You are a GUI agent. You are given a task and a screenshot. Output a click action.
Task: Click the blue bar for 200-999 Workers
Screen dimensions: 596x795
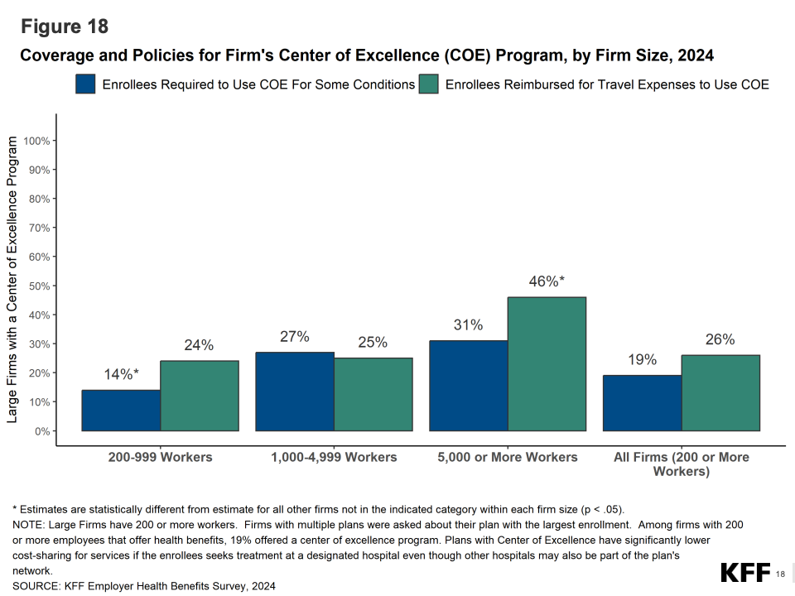coord(121,410)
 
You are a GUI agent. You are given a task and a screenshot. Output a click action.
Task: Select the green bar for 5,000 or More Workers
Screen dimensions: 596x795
coord(547,363)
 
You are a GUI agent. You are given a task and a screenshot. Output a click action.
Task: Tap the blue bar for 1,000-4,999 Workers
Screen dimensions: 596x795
coord(295,391)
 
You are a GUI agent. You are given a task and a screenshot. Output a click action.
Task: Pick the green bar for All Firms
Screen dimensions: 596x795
coord(720,392)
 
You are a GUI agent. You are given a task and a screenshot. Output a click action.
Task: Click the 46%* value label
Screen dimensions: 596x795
coord(547,281)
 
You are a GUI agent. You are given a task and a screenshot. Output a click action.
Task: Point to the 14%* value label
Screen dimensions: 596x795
coord(121,374)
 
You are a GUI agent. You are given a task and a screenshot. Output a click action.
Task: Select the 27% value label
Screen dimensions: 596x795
coord(295,337)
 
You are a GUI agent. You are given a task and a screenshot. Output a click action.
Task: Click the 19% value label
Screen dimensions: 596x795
coord(642,360)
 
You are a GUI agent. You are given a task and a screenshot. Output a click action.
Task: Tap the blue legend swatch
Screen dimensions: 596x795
coord(86,84)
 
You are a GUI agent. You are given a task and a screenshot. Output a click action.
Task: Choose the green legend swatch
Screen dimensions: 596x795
coord(429,84)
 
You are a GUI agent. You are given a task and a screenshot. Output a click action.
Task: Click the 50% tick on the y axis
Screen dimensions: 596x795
coord(41,286)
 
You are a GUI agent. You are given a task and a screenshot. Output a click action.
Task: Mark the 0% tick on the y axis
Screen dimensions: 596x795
coord(45,431)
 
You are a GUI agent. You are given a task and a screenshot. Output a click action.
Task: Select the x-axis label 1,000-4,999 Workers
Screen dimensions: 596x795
coord(334,457)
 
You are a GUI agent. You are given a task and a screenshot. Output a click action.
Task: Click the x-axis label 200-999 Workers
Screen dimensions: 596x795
coord(160,457)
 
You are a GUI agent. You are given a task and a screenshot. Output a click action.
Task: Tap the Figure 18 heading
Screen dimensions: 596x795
coord(65,26)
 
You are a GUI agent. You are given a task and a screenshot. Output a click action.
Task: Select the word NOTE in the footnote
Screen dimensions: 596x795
coord(29,525)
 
